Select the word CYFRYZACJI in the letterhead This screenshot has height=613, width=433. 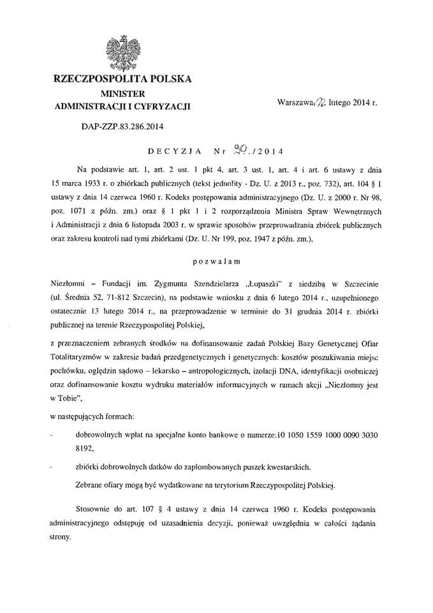(163, 105)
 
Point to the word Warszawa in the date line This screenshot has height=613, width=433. (291, 102)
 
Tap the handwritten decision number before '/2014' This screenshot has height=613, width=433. (240, 150)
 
